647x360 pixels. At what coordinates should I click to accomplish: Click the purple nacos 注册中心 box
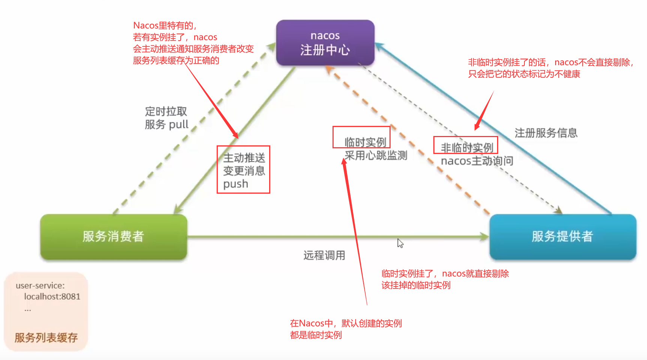click(325, 43)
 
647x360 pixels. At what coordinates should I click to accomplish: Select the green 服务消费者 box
click(113, 236)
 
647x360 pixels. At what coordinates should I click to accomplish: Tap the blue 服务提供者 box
click(562, 236)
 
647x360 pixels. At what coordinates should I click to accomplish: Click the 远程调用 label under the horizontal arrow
click(324, 255)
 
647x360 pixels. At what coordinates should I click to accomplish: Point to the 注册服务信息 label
click(546, 133)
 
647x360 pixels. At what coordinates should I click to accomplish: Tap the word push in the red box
click(235, 184)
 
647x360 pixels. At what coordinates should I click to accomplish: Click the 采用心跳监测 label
click(376, 155)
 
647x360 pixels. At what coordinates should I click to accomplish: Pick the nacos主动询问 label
click(477, 161)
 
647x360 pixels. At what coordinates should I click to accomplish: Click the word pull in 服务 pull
click(178, 124)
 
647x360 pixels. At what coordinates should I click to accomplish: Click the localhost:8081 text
click(52, 297)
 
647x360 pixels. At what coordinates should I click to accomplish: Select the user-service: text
click(40, 285)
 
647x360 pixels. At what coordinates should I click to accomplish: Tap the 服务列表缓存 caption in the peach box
click(46, 338)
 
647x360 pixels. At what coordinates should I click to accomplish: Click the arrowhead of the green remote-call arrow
click(485, 236)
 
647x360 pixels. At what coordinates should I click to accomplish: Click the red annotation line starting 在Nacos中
click(346, 323)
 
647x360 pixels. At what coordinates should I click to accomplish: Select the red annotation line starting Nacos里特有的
click(165, 25)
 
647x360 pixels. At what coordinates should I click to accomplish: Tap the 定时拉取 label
click(166, 111)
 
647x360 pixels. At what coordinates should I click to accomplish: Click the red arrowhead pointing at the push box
click(236, 136)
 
